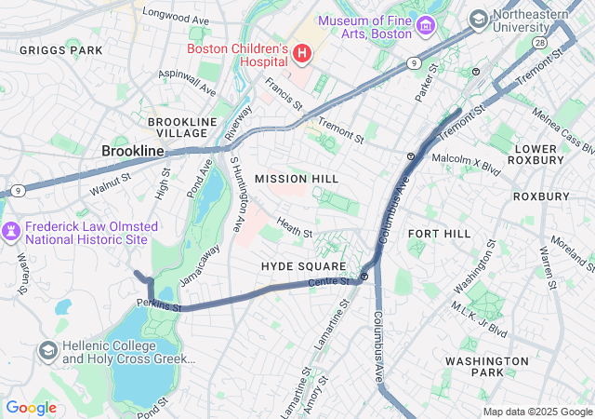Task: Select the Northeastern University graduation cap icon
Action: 478,19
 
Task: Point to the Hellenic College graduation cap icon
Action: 47,351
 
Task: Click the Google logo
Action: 31,408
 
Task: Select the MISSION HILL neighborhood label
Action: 297,178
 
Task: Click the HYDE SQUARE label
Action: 303,266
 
